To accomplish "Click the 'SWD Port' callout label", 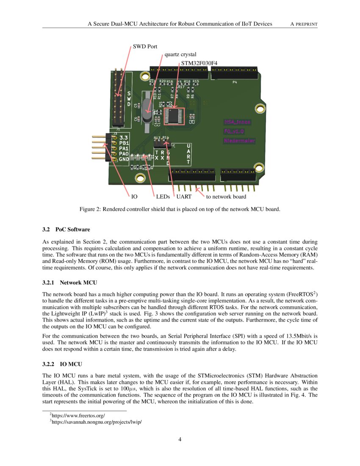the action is click(x=145, y=47).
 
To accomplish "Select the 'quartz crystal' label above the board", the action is click(x=180, y=55).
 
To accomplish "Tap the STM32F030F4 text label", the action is click(x=199, y=63).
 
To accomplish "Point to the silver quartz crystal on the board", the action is click(x=147, y=108).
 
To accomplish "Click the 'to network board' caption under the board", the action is click(x=226, y=197).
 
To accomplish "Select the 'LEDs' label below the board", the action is click(x=163, y=197).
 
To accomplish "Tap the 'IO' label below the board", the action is click(x=134, y=197).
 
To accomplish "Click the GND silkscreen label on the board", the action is click(x=124, y=159).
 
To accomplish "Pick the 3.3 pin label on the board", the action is click(x=124, y=138).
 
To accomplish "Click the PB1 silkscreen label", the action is click(x=124, y=143).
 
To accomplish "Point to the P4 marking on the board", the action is click(x=235, y=82).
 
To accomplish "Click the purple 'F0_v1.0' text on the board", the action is click(x=237, y=131).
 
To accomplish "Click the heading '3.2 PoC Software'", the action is click(x=66, y=230).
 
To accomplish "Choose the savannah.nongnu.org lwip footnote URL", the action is click(x=95, y=422).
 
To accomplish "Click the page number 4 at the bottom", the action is click(x=180, y=439).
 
